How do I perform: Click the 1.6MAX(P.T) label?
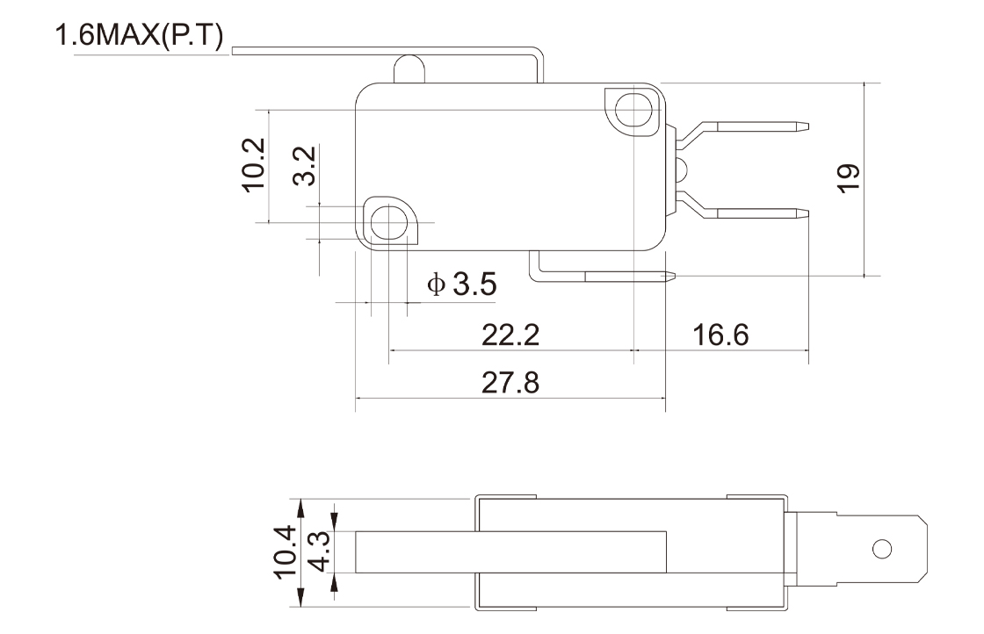coord(140,36)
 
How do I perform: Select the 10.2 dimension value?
coord(254,165)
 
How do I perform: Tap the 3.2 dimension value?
coord(305,166)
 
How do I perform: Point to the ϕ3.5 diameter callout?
coord(462,285)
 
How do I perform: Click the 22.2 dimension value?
coord(510,335)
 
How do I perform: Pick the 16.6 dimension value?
coord(720,335)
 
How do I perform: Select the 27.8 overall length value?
coord(510,383)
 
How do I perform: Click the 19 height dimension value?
coord(849,178)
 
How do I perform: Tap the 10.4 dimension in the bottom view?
coord(285,551)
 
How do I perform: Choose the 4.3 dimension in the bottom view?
coord(320,551)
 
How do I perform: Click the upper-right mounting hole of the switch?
coord(633,111)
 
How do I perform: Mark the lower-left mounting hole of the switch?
coord(389,222)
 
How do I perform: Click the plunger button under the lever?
coord(409,69)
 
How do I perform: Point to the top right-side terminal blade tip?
coord(807,126)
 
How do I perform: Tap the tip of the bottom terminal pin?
coord(674,275)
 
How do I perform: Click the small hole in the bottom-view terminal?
coord(882,550)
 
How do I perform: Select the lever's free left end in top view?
coord(233,50)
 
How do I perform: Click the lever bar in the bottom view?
coord(510,551)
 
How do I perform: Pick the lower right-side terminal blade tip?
coord(807,213)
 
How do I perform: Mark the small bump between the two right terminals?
coord(682,169)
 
